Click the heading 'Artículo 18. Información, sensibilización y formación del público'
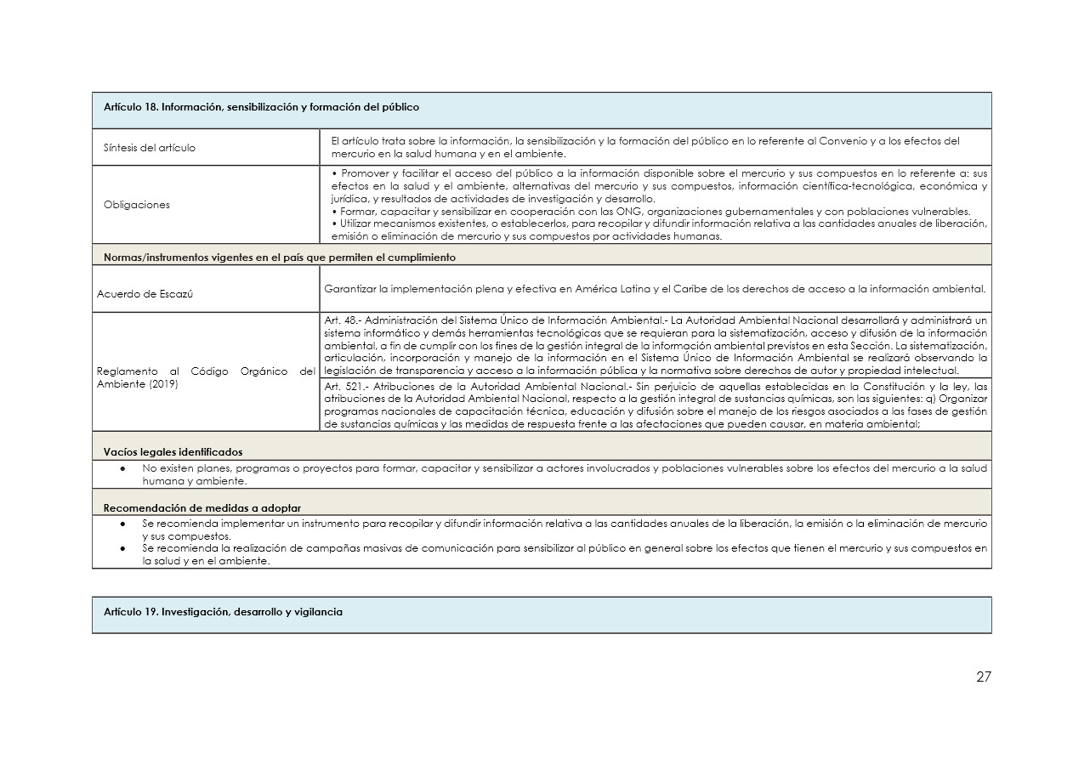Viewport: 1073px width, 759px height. click(261, 108)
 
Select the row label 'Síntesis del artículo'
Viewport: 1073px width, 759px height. click(150, 148)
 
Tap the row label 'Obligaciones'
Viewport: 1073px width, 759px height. click(137, 205)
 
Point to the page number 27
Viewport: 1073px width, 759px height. click(983, 677)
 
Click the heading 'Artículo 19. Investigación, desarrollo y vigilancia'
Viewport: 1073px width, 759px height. click(223, 612)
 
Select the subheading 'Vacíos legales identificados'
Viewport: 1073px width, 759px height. click(173, 452)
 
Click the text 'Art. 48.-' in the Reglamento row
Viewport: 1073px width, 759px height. click(343, 320)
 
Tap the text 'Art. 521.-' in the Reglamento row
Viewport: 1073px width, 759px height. click(346, 387)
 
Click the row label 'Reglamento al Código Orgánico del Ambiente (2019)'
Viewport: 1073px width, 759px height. click(204, 377)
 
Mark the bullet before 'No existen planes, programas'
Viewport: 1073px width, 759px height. click(124, 468)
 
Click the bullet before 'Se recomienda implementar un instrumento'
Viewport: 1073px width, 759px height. click(124, 524)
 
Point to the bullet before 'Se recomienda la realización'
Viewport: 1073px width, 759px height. click(124, 549)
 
